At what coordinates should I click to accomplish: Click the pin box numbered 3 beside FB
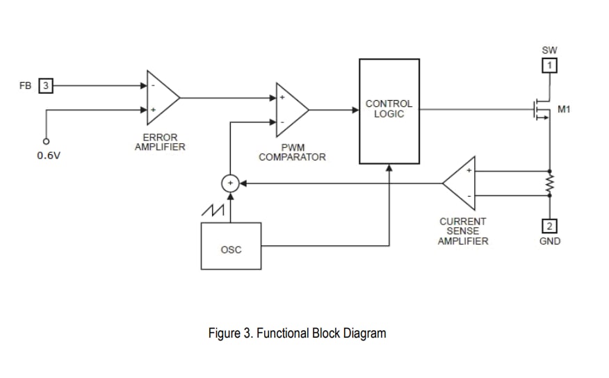point(45,87)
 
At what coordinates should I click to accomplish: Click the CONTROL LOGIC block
point(389,111)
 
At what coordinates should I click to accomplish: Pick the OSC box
point(231,246)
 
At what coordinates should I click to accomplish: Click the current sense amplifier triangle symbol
point(460,183)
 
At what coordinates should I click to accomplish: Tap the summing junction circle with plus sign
point(229,183)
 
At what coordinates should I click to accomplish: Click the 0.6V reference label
point(49,156)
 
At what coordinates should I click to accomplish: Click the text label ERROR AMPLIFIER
point(160,142)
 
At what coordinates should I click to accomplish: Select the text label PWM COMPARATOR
point(292,153)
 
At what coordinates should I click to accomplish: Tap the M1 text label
point(565,109)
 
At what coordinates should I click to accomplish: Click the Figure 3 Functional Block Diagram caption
point(297,334)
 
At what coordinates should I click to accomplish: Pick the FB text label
point(25,87)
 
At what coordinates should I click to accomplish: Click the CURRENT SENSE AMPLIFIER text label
point(462,231)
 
